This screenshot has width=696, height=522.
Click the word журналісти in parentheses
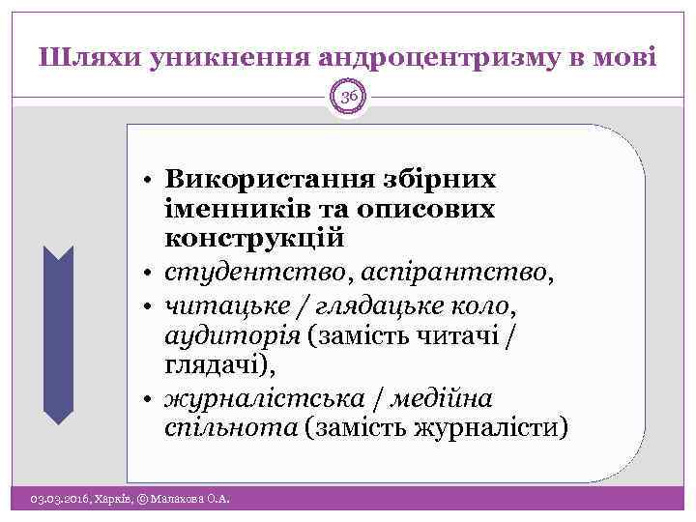pyautogui.click(x=499, y=426)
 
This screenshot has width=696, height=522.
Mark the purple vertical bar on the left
pyautogui.click(x=59, y=334)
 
